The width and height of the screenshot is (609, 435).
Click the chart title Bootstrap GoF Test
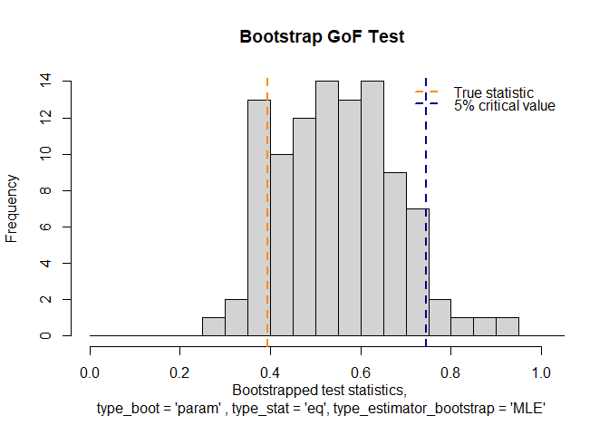click(322, 37)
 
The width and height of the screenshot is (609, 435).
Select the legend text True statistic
click(493, 92)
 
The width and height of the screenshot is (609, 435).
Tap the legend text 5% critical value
click(504, 106)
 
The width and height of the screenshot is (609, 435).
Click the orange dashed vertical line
click(267, 227)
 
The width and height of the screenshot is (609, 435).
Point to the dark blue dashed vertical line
click(426, 254)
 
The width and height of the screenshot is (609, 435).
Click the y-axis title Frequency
click(12, 208)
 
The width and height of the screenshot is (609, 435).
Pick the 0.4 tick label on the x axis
click(271, 373)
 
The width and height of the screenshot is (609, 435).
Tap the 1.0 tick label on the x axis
click(542, 373)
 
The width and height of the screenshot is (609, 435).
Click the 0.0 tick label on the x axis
click(91, 373)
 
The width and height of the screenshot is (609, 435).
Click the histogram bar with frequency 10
click(282, 245)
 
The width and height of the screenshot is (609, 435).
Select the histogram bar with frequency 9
click(395, 254)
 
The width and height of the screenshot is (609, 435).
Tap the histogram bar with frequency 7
click(417, 272)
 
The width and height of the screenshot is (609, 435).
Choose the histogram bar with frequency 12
click(304, 227)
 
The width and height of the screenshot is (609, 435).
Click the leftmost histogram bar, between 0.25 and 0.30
click(214, 327)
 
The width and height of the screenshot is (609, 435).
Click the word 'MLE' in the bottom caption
click(527, 410)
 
